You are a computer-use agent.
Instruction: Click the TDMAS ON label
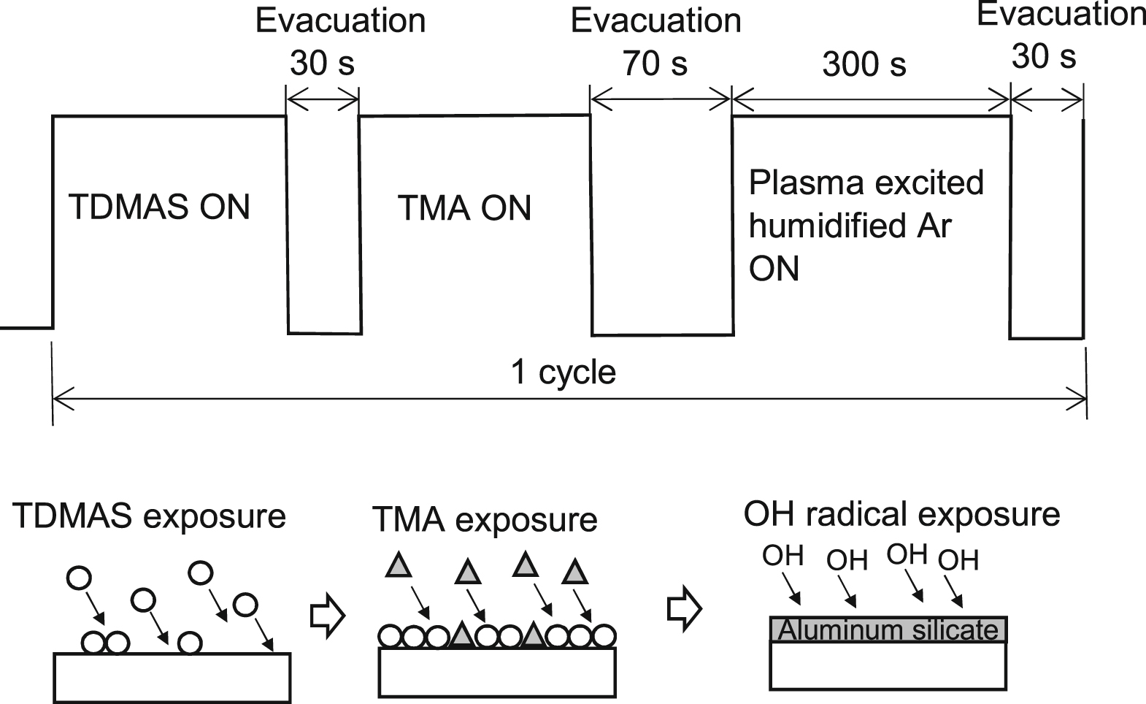coord(159,207)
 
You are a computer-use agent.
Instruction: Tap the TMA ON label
coord(465,208)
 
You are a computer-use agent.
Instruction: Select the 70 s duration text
coord(655,64)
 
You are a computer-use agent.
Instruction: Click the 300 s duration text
coord(864,65)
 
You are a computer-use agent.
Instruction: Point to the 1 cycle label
coord(563,372)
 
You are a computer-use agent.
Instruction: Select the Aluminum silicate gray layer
coord(888,630)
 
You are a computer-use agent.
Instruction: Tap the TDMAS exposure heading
coord(149,516)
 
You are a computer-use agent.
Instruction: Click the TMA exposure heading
coord(485,520)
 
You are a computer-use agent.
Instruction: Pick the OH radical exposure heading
coord(901,514)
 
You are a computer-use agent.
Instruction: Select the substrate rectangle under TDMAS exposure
coord(172,677)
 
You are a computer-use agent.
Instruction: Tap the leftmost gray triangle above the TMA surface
coord(399,565)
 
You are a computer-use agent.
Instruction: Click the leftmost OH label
coord(782,556)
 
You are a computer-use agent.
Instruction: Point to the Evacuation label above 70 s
coord(655,20)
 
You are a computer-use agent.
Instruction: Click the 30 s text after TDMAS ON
coord(322,64)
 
